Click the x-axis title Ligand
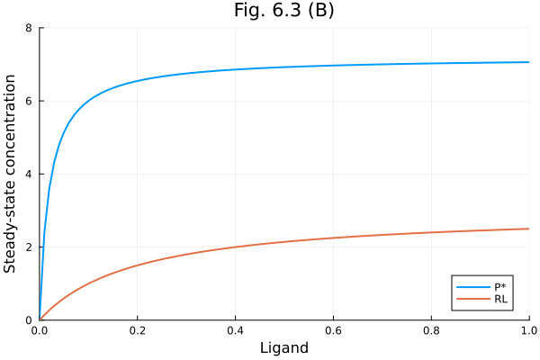coord(283,347)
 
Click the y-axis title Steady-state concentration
coord(11,174)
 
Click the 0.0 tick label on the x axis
coord(40,330)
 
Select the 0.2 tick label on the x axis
coord(138,330)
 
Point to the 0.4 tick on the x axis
coord(236,330)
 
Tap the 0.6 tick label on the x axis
coord(333,330)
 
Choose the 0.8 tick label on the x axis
coord(431,330)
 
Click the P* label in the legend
coord(500,286)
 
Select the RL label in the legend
coord(500,299)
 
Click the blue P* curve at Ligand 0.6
coord(333,66)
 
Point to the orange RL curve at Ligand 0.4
coord(236,247)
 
